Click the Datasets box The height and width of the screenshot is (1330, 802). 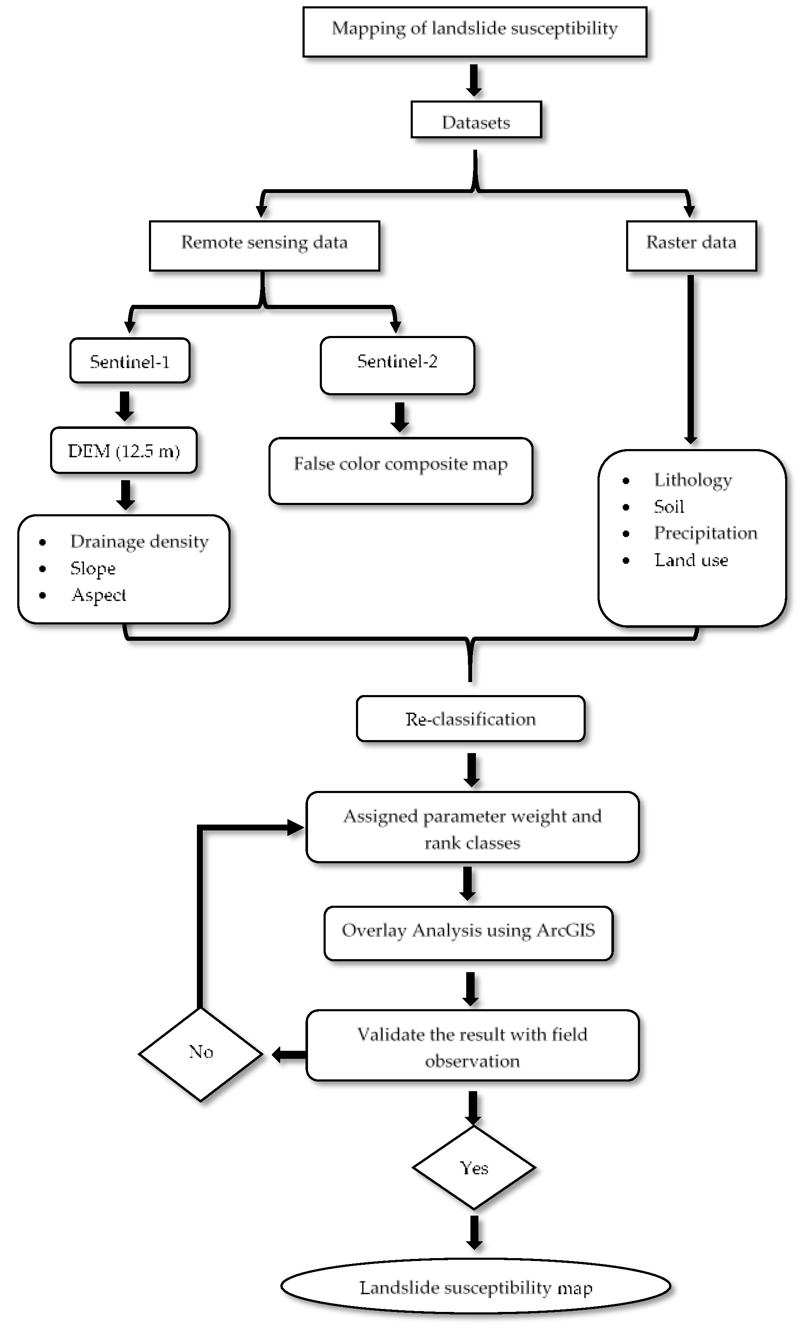[475, 120]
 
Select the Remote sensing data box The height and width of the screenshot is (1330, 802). [264, 246]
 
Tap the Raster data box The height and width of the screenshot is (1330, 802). [691, 246]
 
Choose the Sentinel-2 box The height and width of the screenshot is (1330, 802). [397, 365]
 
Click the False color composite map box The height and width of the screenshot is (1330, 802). [400, 471]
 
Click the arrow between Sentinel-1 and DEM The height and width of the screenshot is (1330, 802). [125, 406]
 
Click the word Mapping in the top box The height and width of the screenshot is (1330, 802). [367, 29]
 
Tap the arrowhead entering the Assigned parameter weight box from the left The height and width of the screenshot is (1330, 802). [295, 828]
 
